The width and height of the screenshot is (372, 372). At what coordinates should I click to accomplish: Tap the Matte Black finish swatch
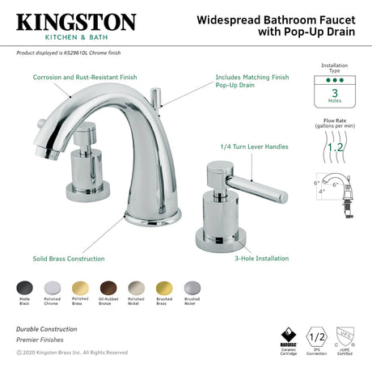coord(25,287)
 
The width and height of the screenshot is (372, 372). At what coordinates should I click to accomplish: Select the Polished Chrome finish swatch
coord(52,287)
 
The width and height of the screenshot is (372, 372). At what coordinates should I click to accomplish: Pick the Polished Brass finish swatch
coord(78,287)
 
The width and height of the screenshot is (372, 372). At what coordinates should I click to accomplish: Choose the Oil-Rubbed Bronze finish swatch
coord(105,287)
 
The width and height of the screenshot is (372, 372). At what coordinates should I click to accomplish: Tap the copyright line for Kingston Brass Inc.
coord(71,352)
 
